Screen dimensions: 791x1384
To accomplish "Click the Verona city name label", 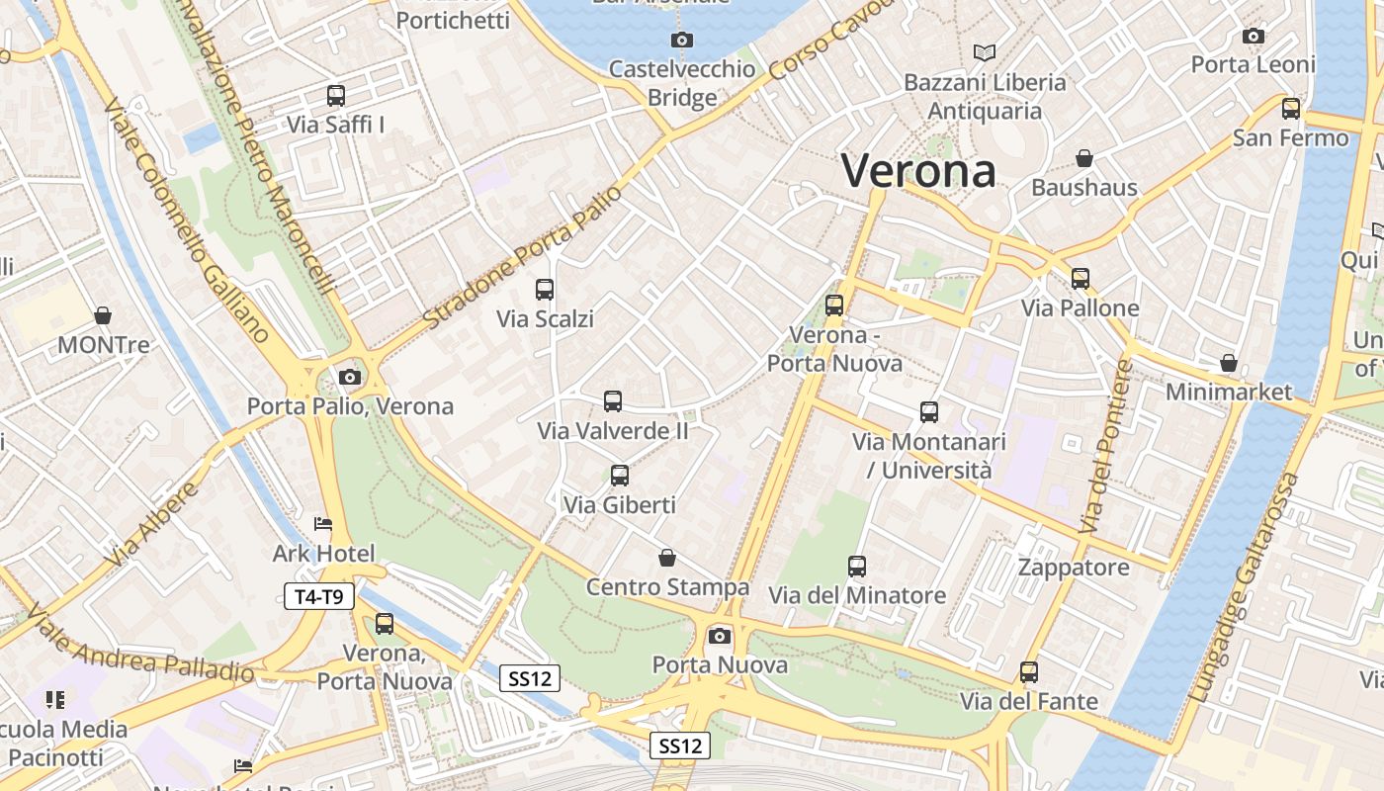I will [x=918, y=171].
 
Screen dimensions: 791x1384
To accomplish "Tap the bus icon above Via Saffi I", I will [x=336, y=96].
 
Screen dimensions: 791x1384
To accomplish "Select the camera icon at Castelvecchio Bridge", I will [x=681, y=41].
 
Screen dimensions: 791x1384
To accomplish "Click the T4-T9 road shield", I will [x=319, y=596].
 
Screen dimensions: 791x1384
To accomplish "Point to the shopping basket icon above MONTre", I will [x=103, y=316].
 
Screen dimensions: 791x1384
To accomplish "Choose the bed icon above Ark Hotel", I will [x=322, y=524].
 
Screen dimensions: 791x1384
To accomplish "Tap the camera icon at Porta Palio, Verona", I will [x=349, y=377].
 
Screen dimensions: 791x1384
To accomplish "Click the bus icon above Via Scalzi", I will [x=545, y=290].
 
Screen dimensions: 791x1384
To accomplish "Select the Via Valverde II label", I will [x=613, y=431].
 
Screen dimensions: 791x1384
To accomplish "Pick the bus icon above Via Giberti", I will [x=620, y=476].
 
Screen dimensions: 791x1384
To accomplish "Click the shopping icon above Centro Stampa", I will [x=667, y=558].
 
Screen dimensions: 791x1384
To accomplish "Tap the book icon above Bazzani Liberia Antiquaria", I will [x=985, y=52].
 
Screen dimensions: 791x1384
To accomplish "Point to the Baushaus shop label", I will [x=1084, y=187].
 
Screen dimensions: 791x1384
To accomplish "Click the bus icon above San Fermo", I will [x=1291, y=109].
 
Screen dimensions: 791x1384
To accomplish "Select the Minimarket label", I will [x=1229, y=392].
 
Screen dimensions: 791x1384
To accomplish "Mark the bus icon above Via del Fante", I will [x=1029, y=672].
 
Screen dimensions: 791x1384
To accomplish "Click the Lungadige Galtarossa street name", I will [x=1246, y=588].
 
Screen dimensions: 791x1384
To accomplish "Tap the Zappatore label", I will [x=1074, y=568].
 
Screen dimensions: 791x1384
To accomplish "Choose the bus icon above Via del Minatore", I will [x=857, y=567].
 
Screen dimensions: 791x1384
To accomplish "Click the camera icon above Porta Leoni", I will [x=1254, y=37].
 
